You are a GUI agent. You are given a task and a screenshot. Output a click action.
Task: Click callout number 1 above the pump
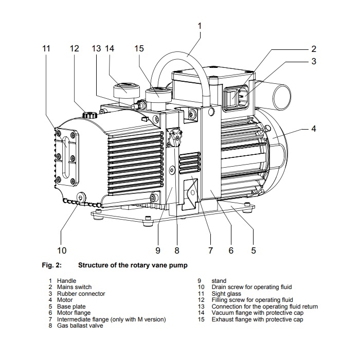(x=200, y=25)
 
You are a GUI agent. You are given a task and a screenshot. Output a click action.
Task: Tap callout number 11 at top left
(x=47, y=48)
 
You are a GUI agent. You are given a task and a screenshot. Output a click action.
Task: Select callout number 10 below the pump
(x=62, y=250)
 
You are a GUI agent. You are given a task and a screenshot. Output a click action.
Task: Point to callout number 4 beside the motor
(x=313, y=129)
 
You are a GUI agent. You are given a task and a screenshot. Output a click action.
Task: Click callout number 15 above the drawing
(x=139, y=48)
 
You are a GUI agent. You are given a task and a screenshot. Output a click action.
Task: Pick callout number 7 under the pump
(x=210, y=250)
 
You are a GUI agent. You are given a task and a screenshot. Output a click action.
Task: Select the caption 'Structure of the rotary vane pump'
(x=132, y=266)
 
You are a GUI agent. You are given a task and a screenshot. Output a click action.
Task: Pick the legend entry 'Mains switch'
(x=75, y=286)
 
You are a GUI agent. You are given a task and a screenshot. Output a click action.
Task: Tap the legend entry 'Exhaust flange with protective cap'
(x=257, y=319)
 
